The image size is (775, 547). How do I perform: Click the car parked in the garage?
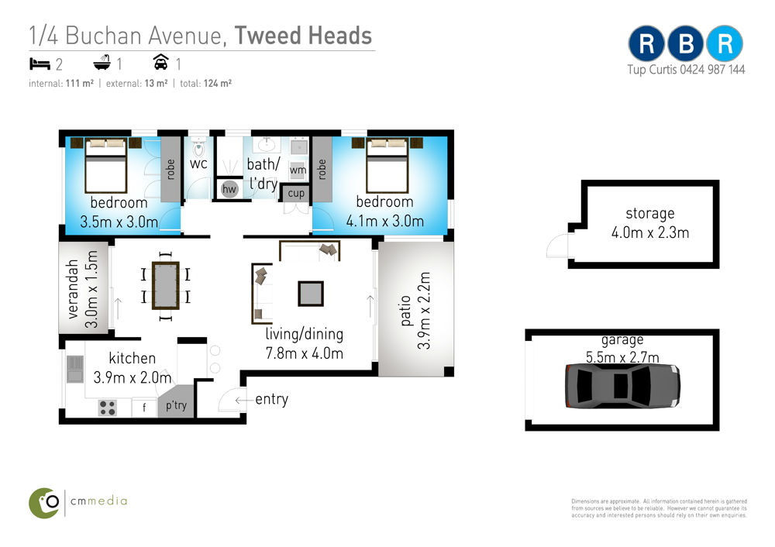tap(622, 386)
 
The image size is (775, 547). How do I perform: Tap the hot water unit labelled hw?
tap(229, 189)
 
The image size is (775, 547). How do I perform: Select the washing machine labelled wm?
tap(298, 170)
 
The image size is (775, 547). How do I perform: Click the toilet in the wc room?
tap(198, 147)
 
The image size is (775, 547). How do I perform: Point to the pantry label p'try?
tap(176, 406)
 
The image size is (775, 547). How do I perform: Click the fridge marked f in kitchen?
tap(144, 408)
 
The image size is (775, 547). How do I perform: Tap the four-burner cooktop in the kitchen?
tap(108, 408)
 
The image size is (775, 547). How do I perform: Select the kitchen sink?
tap(75, 369)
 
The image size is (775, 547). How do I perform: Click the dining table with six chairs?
tap(166, 286)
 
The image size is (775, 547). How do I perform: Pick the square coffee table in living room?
tap(311, 294)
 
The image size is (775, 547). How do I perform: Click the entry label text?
tap(272, 399)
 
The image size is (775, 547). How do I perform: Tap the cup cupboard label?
tap(296, 193)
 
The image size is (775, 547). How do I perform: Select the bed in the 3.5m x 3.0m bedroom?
tap(105, 165)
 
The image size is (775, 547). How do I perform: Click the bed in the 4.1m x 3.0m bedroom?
tap(387, 165)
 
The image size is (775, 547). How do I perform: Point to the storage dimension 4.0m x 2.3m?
tap(650, 232)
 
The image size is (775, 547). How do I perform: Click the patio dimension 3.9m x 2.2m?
tap(424, 311)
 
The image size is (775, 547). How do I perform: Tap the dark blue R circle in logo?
tap(646, 43)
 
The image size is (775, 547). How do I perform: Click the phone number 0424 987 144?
tap(712, 70)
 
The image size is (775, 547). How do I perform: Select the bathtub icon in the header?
tap(102, 63)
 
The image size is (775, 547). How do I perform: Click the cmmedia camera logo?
tap(44, 503)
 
